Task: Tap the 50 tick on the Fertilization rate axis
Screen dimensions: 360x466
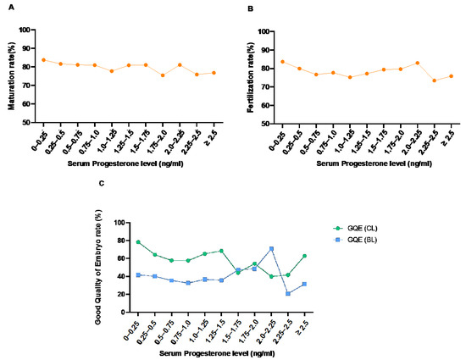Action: [263, 124]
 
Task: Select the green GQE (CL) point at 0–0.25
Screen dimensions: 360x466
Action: [137, 242]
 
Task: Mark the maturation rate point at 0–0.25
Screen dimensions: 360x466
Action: [43, 60]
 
